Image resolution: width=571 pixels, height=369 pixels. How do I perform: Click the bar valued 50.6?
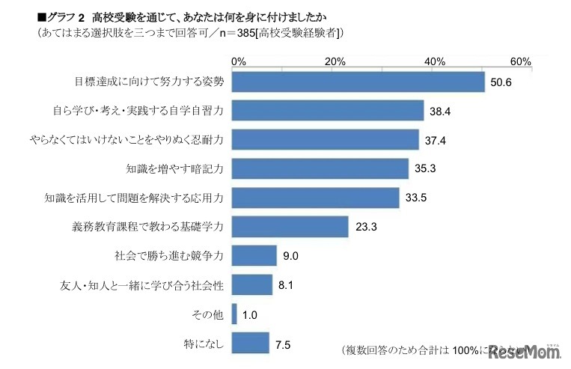click(358, 82)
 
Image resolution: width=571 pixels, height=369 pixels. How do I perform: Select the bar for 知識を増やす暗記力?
click(320, 168)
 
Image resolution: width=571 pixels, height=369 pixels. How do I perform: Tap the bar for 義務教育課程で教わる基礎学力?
click(290, 226)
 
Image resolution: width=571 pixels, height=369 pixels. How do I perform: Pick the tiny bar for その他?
click(234, 314)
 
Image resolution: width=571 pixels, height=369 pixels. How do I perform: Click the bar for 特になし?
click(250, 343)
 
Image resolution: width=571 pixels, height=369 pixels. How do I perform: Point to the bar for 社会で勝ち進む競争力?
click(254, 255)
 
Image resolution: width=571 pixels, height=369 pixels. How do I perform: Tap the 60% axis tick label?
click(520, 61)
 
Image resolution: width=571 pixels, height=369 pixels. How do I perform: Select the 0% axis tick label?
click(239, 61)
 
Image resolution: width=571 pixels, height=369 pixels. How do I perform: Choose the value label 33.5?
click(418, 198)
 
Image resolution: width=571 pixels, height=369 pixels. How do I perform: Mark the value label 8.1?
click(287, 285)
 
